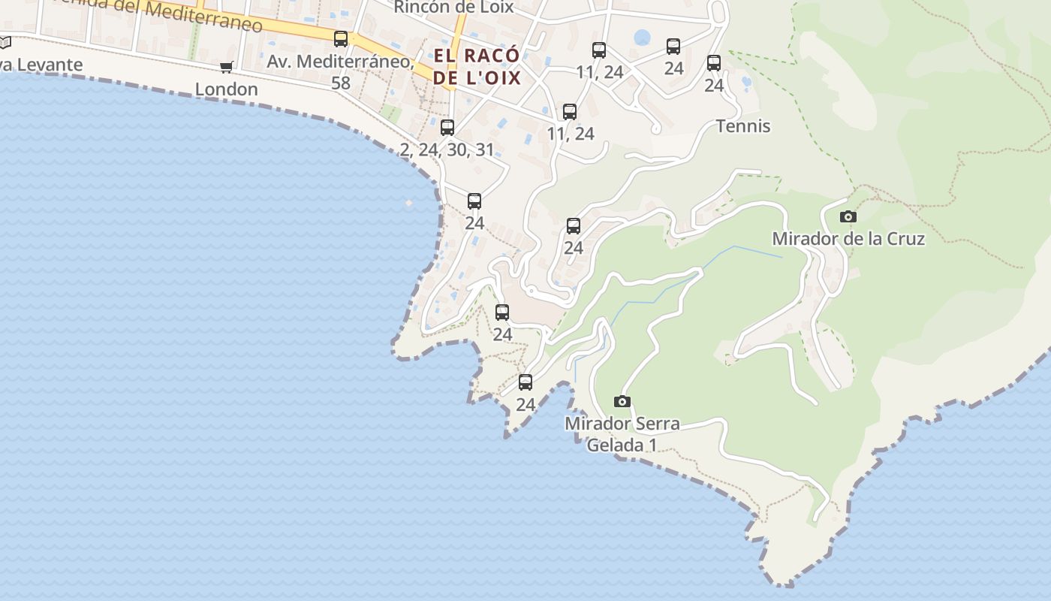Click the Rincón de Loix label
click(453, 8)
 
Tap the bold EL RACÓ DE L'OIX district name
click(477, 66)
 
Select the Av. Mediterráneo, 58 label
click(341, 71)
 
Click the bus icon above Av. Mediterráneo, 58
click(341, 39)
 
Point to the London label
click(226, 89)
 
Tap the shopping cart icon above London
click(226, 68)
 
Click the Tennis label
click(743, 126)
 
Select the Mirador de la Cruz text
click(848, 239)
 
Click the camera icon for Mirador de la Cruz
click(848, 217)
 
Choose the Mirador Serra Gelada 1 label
click(622, 434)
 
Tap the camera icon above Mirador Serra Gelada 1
click(622, 401)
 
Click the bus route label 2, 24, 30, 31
click(447, 149)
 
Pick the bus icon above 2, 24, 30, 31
click(447, 128)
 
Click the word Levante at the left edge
click(45, 65)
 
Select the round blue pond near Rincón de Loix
click(642, 38)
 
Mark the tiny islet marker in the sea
click(408, 203)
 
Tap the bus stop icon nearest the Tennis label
click(713, 63)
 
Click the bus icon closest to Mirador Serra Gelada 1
click(525, 382)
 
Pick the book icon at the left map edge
click(5, 43)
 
